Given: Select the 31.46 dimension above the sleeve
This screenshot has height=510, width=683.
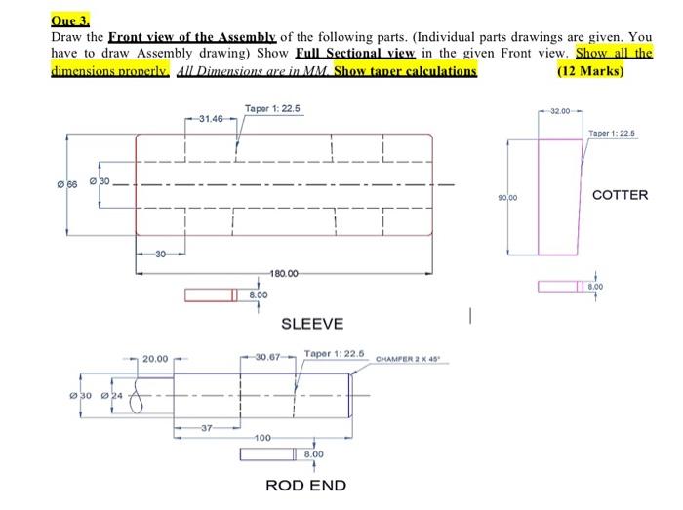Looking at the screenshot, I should pos(211,119).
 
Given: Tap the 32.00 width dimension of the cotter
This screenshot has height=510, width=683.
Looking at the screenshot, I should pos(561,111).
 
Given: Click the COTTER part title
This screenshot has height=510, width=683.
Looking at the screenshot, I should pos(620,195).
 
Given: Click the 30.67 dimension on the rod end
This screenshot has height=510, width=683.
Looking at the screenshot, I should pos(268,358).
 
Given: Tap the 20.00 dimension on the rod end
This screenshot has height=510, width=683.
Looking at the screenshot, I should pos(155,358).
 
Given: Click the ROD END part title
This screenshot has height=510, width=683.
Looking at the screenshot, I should pos(305,485).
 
